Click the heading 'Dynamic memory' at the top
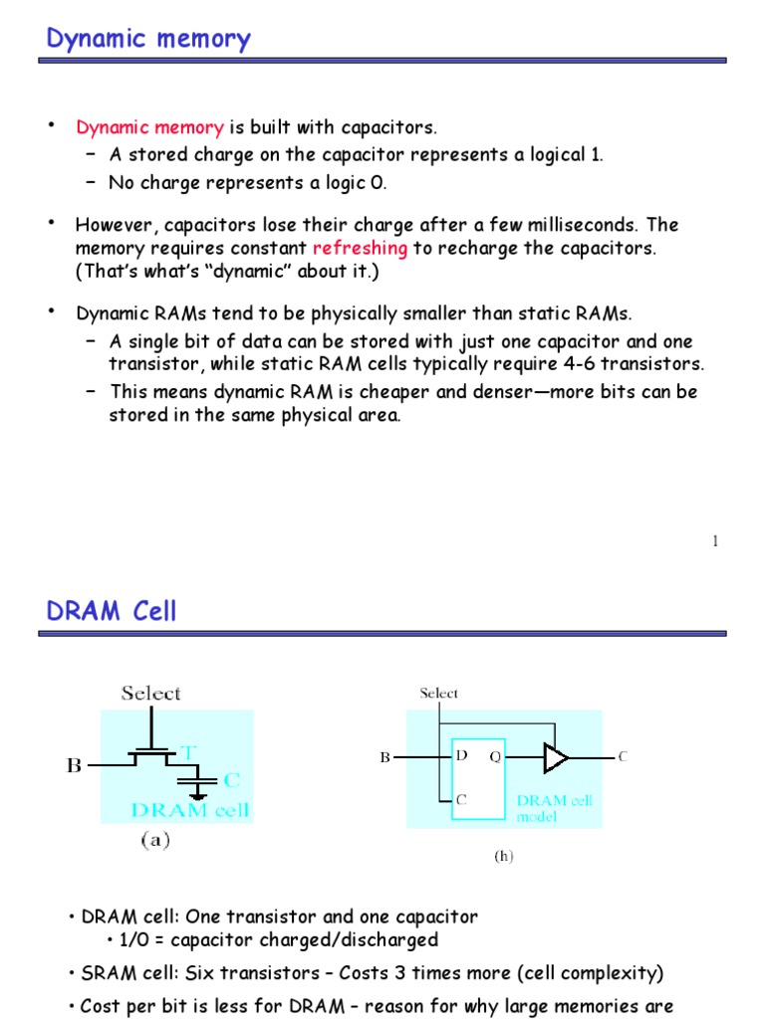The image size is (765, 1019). pyautogui.click(x=148, y=40)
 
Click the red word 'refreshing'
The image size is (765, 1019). pyautogui.click(x=360, y=248)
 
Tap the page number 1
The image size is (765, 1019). pyautogui.click(x=715, y=541)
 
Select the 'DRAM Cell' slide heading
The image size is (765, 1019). pyautogui.click(x=112, y=611)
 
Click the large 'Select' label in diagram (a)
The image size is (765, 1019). pyautogui.click(x=150, y=694)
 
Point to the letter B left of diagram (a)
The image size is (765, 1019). pyautogui.click(x=74, y=765)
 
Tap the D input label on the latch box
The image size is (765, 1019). pyautogui.click(x=461, y=756)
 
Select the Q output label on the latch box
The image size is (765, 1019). pyautogui.click(x=493, y=756)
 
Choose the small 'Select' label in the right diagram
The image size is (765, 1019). pyautogui.click(x=439, y=694)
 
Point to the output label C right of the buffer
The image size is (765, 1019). pyautogui.click(x=623, y=757)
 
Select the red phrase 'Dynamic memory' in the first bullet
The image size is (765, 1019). pyautogui.click(x=150, y=127)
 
